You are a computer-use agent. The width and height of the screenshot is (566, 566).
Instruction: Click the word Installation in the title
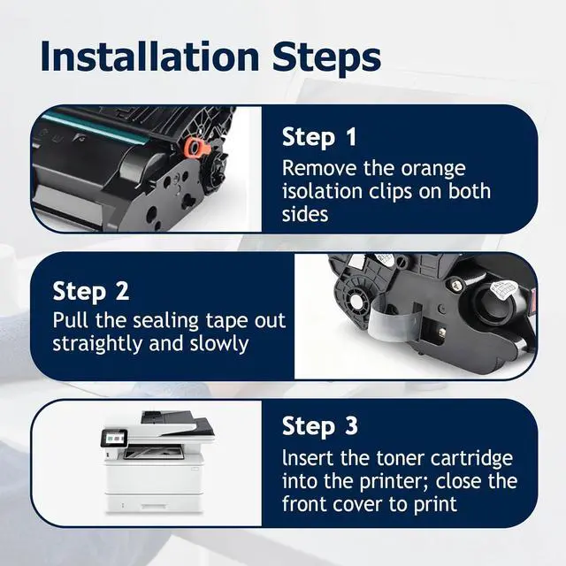point(149,57)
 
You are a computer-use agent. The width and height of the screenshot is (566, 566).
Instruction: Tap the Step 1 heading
point(319,137)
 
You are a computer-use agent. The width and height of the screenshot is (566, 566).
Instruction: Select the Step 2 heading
point(90,291)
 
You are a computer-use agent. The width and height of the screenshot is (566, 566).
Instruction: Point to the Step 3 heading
point(320,426)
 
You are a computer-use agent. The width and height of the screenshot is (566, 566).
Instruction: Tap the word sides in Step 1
point(305,214)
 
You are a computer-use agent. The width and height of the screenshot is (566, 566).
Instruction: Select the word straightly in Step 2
point(97,344)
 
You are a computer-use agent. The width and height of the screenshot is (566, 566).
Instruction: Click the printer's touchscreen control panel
point(114,440)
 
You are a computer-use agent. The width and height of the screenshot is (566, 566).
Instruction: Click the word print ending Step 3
point(435,505)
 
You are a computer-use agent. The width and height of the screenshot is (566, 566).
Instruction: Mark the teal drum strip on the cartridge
point(95,126)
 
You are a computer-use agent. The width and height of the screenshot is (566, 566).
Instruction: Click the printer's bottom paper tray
point(155,501)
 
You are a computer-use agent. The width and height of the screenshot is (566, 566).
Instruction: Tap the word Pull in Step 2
point(71,320)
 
